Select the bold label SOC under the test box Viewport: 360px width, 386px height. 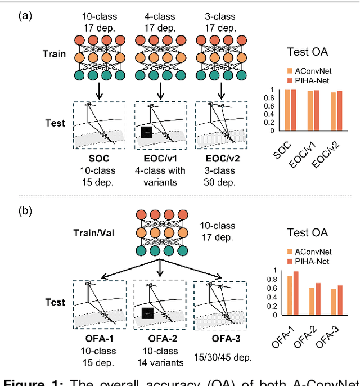coord(98,159)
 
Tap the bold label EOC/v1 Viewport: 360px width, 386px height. coord(161,159)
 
